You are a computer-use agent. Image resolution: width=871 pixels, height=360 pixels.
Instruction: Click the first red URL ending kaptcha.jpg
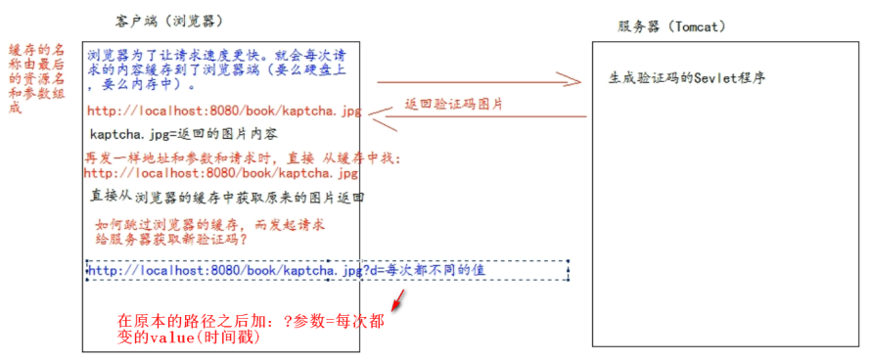tap(223, 112)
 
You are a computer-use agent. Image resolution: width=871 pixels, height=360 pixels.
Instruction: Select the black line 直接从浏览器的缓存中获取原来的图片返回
tap(227, 197)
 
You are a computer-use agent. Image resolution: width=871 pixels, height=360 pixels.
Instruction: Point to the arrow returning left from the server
tap(484, 117)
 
